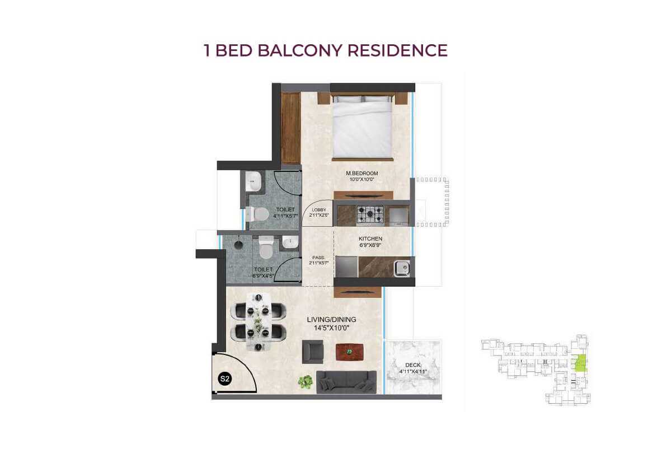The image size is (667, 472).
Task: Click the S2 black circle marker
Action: point(224,379)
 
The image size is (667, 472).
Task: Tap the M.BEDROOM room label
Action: point(361,174)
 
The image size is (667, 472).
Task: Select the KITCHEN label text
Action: point(370,239)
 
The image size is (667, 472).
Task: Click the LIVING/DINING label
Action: point(331,320)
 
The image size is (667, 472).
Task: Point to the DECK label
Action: point(412,365)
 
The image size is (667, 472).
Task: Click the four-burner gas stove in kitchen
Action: point(370,214)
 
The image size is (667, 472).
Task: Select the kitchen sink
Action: point(402,269)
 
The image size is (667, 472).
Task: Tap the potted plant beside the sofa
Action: point(305,382)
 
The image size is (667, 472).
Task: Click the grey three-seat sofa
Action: point(346,381)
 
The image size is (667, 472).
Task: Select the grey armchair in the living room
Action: point(313,352)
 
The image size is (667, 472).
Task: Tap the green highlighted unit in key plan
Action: point(581,363)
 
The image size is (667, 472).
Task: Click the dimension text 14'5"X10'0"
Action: point(331,328)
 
